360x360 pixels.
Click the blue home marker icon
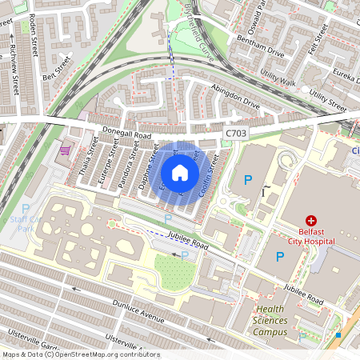coord(180,173)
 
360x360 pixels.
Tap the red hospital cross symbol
coord(311,221)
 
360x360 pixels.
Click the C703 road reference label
coord(237,133)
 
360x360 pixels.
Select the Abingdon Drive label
coord(235,97)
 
